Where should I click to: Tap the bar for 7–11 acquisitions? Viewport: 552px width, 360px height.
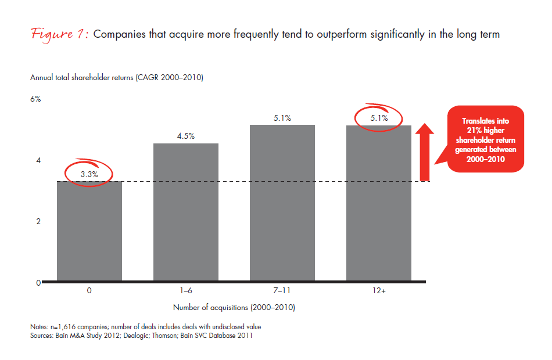[282, 203]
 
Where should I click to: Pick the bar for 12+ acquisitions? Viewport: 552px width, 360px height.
[379, 203]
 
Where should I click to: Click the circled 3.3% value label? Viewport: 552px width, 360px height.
[89, 174]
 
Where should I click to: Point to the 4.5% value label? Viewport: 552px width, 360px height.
[186, 136]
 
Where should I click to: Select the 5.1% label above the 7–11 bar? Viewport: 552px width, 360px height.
[282, 118]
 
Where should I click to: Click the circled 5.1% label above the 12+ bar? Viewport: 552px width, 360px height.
[379, 118]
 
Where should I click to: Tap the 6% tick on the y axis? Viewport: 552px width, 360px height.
[35, 99]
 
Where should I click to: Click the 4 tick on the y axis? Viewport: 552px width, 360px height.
[38, 160]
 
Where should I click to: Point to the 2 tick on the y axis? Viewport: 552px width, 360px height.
[38, 222]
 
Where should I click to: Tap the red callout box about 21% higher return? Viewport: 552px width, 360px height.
[485, 139]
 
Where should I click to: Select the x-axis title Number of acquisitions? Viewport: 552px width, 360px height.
[238, 307]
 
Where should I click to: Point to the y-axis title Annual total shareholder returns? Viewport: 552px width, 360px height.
[116, 78]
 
